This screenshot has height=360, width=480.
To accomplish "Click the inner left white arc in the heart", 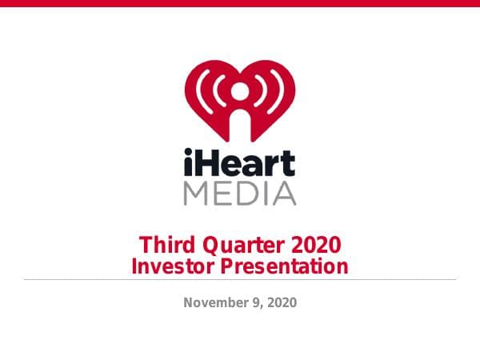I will [218, 90].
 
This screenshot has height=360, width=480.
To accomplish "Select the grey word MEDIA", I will [239, 193].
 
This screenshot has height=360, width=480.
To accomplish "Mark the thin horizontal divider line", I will [239, 279].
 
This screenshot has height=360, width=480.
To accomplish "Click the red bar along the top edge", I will [239, 3].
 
